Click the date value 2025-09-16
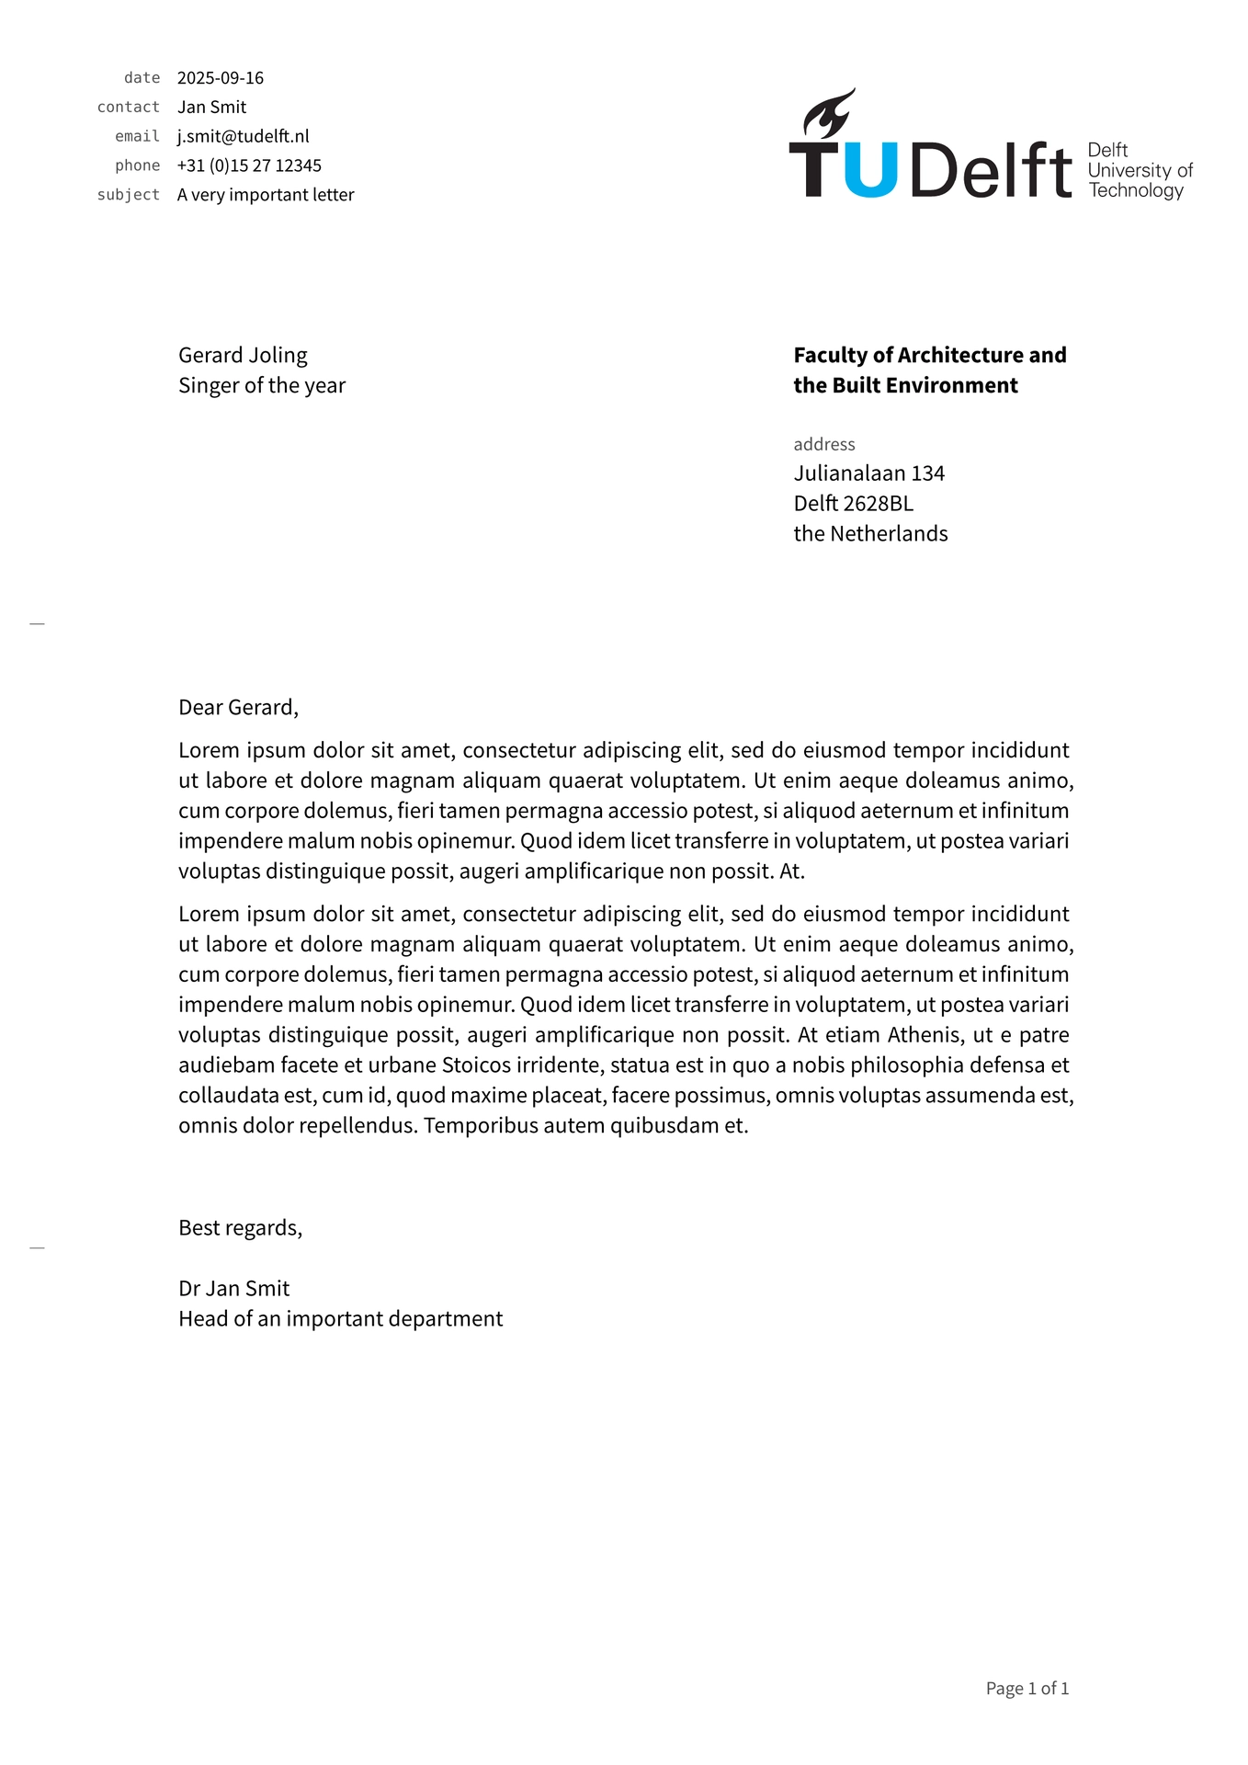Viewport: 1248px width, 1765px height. (221, 78)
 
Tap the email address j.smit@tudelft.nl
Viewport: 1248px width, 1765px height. (244, 136)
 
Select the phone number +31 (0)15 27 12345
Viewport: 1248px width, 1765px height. (249, 165)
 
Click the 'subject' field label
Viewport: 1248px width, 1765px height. (129, 195)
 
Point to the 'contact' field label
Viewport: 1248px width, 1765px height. (129, 108)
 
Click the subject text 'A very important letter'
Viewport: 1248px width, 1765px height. (266, 195)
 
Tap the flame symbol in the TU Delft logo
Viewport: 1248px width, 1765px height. (829, 114)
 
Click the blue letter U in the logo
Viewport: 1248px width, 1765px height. (869, 170)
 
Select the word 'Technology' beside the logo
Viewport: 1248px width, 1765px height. (1136, 190)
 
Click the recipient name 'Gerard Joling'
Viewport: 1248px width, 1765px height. (243, 356)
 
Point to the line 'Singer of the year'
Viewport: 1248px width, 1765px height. (262, 386)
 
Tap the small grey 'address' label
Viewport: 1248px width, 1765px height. (824, 445)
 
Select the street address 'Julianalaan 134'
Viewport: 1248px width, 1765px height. (869, 473)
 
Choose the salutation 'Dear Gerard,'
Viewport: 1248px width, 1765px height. (238, 708)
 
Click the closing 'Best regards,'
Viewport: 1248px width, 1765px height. (240, 1228)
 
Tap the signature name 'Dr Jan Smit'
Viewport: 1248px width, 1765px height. (234, 1289)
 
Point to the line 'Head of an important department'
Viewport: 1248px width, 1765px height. (341, 1319)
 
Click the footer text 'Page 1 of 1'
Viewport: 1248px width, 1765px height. (1027, 1689)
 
